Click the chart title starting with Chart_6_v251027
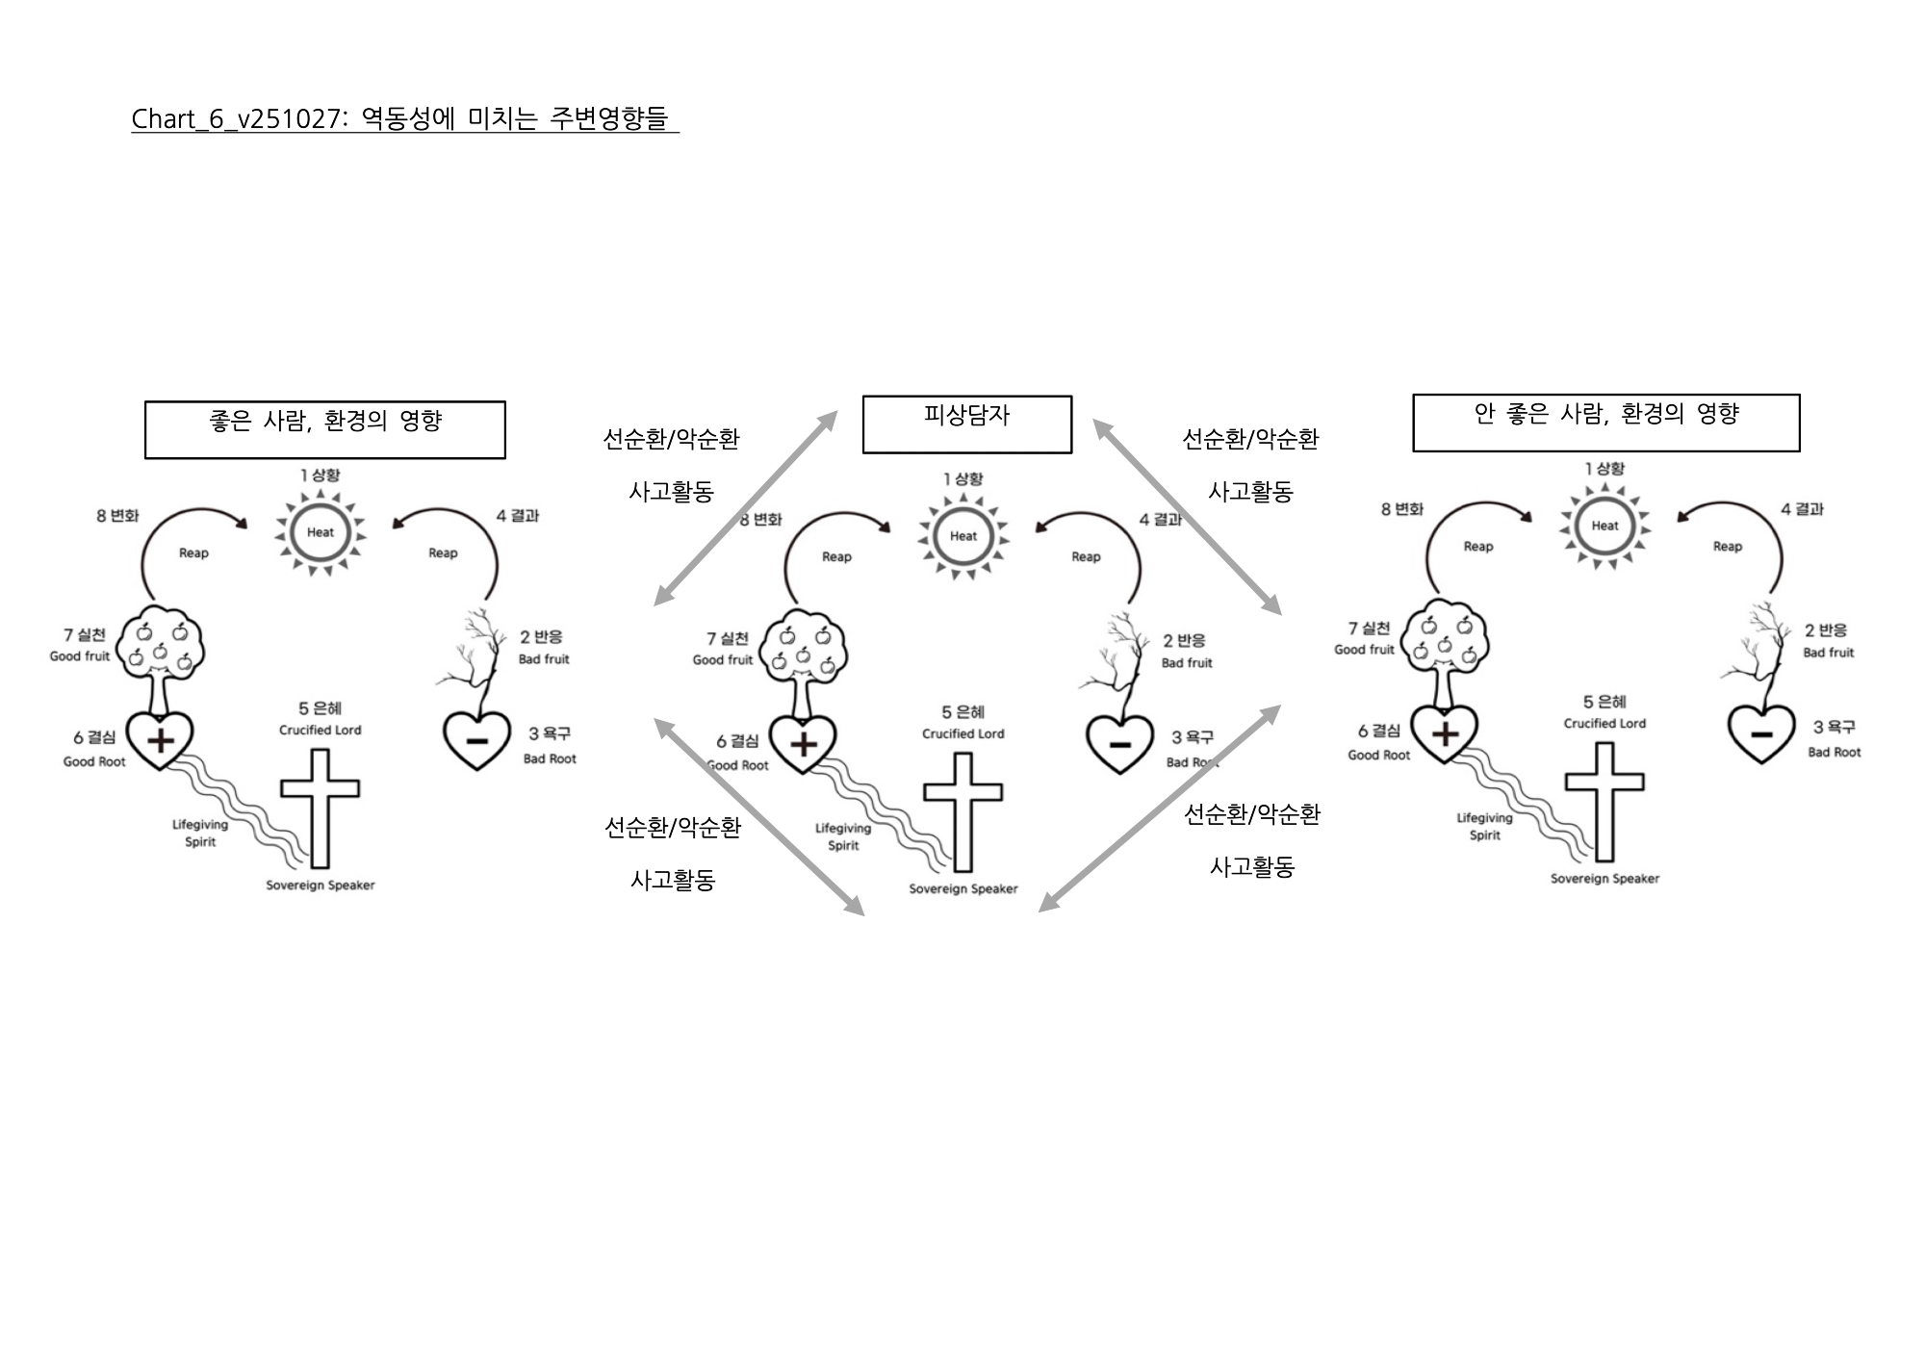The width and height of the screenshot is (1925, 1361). [x=404, y=119]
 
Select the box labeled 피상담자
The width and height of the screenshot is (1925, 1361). [x=966, y=424]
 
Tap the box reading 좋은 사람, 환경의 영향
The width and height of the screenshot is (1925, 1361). [x=324, y=429]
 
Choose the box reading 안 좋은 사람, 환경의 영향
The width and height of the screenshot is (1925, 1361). [x=1605, y=423]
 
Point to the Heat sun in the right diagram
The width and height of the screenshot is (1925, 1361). [x=1604, y=526]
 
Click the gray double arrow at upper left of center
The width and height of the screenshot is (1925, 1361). [x=745, y=508]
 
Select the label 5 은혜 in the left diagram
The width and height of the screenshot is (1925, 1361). [x=320, y=709]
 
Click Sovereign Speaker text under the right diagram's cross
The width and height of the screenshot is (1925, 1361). [x=1604, y=879]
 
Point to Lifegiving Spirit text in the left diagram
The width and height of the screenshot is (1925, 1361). [x=200, y=834]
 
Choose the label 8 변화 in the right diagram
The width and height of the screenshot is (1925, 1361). [x=1401, y=509]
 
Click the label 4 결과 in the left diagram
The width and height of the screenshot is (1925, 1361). [x=518, y=516]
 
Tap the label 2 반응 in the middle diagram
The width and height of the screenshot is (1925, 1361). [x=1184, y=640]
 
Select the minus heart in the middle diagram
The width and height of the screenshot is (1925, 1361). [x=1119, y=744]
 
